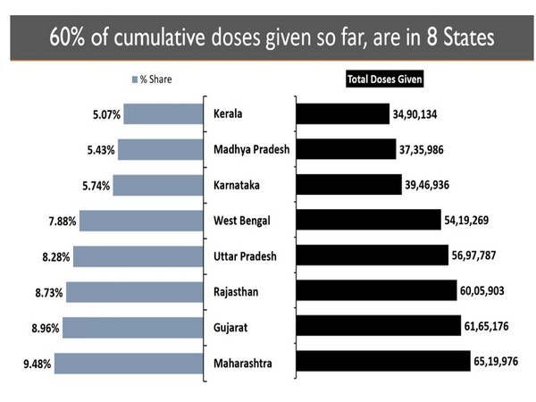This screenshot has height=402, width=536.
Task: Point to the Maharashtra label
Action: pos(245,364)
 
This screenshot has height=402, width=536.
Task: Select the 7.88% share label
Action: pos(58,220)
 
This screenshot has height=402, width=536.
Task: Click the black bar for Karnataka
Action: pos(348,184)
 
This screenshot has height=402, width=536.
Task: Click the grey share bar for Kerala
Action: pos(165,114)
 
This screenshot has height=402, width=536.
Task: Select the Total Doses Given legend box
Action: pos(385,79)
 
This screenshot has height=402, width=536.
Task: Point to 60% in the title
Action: pos(64,40)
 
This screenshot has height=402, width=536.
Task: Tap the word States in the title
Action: pos(463,40)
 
